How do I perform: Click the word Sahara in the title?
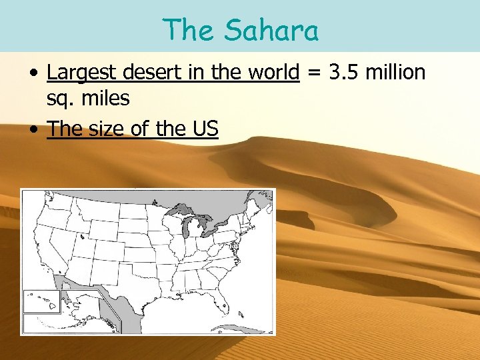click(271, 30)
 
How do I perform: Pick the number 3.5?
click(343, 72)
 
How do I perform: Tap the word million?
click(395, 72)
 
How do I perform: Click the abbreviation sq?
click(59, 99)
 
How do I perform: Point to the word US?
click(205, 128)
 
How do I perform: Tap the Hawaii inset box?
click(41, 301)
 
